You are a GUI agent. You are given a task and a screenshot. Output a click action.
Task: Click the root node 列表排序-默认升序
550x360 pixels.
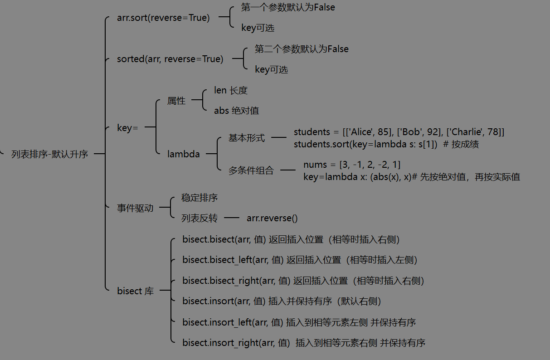(50, 154)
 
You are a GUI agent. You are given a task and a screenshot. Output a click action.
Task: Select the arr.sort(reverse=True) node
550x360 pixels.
(163, 18)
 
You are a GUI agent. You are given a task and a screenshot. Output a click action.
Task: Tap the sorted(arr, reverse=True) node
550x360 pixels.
(170, 59)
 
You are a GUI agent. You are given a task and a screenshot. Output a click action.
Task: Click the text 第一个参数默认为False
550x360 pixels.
(288, 7)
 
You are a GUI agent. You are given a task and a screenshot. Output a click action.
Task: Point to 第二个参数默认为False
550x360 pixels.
(302, 49)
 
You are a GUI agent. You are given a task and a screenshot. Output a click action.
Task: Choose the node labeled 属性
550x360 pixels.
(176, 101)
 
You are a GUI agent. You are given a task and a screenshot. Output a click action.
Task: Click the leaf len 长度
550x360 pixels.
(231, 90)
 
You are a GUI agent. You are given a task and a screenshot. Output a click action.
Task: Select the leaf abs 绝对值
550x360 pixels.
(236, 110)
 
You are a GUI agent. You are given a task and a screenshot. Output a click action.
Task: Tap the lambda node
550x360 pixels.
(183, 154)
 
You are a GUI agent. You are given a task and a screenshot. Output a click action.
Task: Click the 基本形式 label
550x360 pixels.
(247, 138)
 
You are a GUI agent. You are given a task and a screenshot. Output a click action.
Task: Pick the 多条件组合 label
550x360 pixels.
(251, 170)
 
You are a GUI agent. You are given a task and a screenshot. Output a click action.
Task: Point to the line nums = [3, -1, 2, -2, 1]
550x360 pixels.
(352, 164)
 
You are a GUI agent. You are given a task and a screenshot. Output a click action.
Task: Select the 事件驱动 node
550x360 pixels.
(135, 208)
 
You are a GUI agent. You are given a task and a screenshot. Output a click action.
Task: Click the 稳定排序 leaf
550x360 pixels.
(200, 198)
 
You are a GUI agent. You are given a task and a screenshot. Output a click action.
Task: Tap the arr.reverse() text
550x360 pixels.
(272, 218)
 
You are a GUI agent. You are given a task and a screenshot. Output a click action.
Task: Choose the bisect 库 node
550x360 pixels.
(136, 291)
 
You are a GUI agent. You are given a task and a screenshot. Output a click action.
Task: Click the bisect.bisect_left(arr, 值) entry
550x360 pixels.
(233, 260)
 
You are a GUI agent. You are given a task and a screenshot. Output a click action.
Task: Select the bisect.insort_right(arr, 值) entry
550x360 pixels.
(236, 343)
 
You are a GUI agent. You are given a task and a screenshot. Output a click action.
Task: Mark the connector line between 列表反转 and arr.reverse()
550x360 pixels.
(231, 218)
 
